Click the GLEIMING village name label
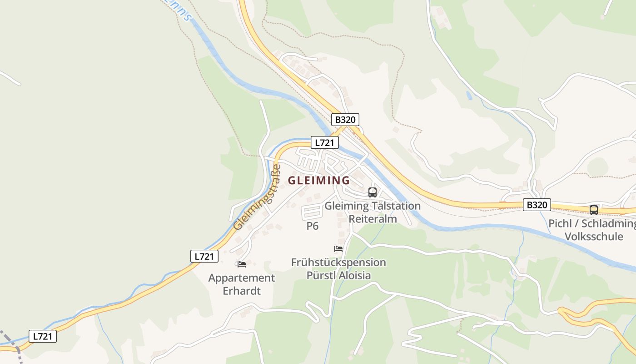click(x=319, y=180)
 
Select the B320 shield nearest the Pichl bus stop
click(x=537, y=205)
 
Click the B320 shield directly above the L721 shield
click(x=345, y=120)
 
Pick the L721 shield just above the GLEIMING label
click(x=324, y=142)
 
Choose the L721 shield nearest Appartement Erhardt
click(x=204, y=256)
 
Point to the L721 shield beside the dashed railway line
click(x=43, y=336)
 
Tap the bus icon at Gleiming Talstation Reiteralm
click(x=373, y=192)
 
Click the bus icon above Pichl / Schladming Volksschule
click(x=593, y=210)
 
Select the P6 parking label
click(x=313, y=226)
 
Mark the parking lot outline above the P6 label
click(x=312, y=212)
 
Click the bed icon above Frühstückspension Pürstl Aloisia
click(x=338, y=248)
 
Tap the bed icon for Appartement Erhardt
click(x=242, y=264)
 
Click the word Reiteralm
click(x=373, y=219)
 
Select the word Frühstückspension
click(x=338, y=263)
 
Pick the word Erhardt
click(x=242, y=291)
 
